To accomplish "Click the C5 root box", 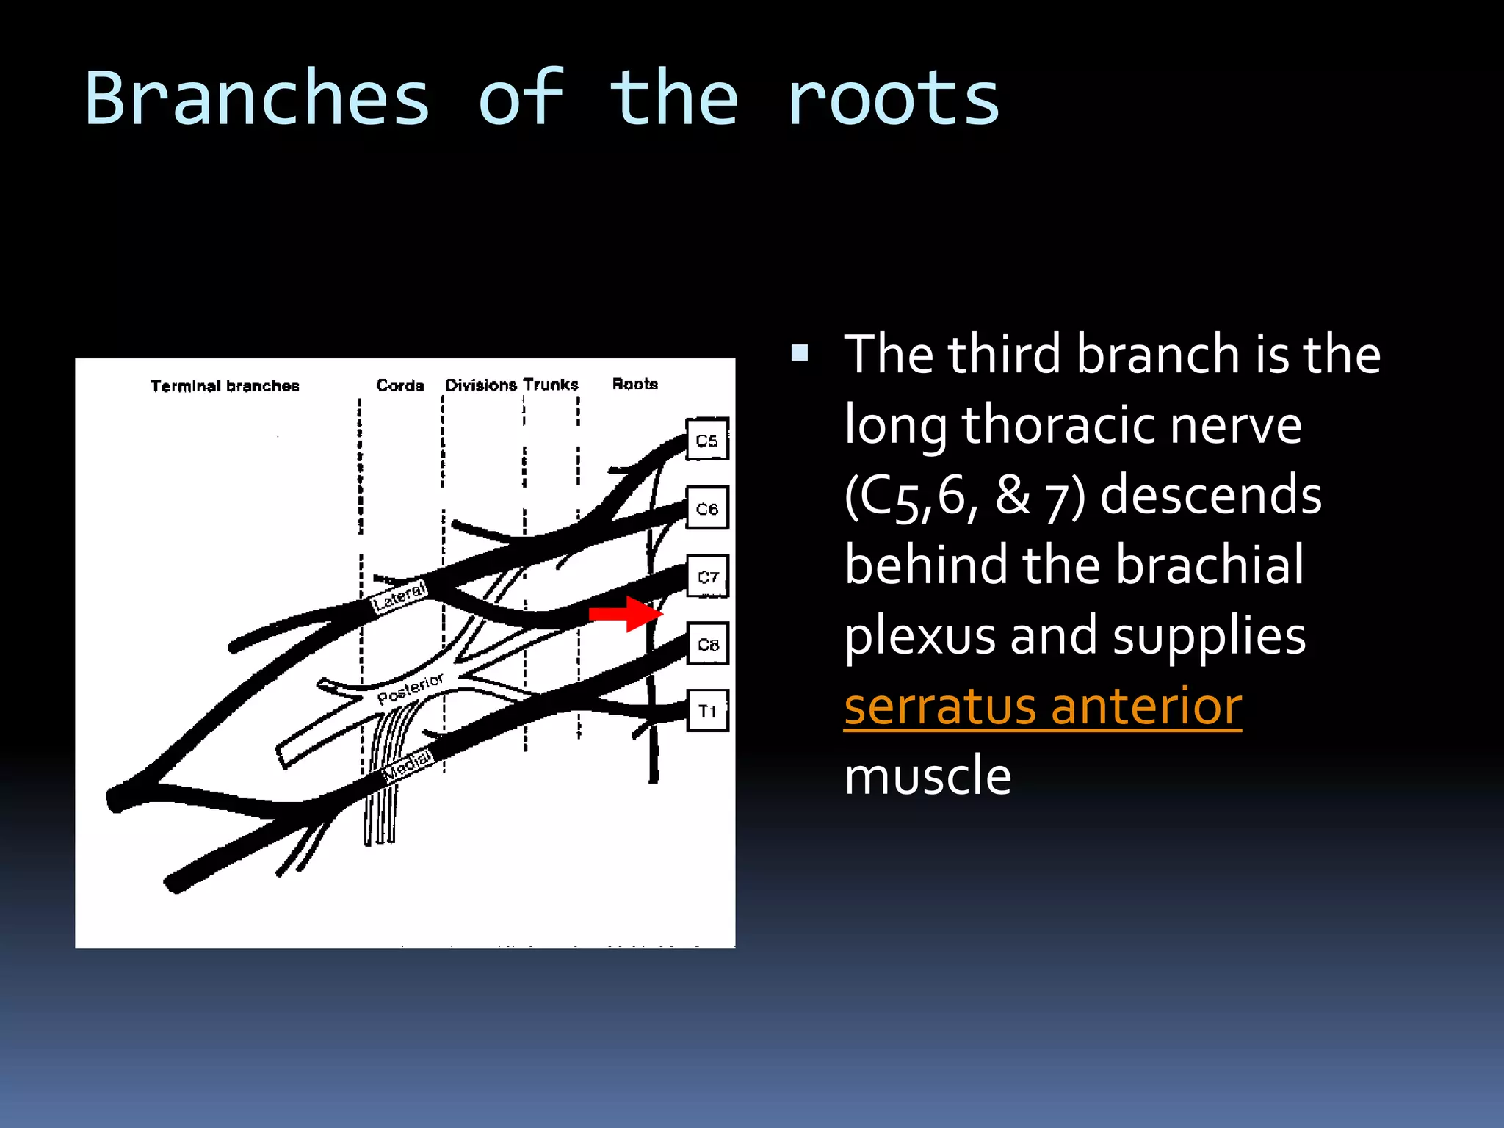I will tap(706, 439).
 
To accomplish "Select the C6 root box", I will tap(706, 507).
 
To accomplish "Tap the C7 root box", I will tap(707, 576).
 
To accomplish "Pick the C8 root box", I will tap(707, 643).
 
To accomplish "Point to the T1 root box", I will tap(707, 710).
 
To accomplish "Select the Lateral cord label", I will tap(399, 597).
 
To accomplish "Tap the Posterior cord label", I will tap(410, 688).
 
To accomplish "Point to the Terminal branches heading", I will tap(225, 386).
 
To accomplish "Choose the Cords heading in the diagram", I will tap(399, 385).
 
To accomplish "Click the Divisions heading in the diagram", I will tap(481, 385).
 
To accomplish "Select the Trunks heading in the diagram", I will tap(551, 384).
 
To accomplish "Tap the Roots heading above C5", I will tap(634, 383).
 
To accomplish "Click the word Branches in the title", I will tap(257, 98).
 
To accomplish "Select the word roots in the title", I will tap(892, 98).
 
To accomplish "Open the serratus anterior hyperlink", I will tap(1043, 706).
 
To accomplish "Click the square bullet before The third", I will tap(800, 354).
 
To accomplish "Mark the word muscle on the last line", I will tap(928, 776).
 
